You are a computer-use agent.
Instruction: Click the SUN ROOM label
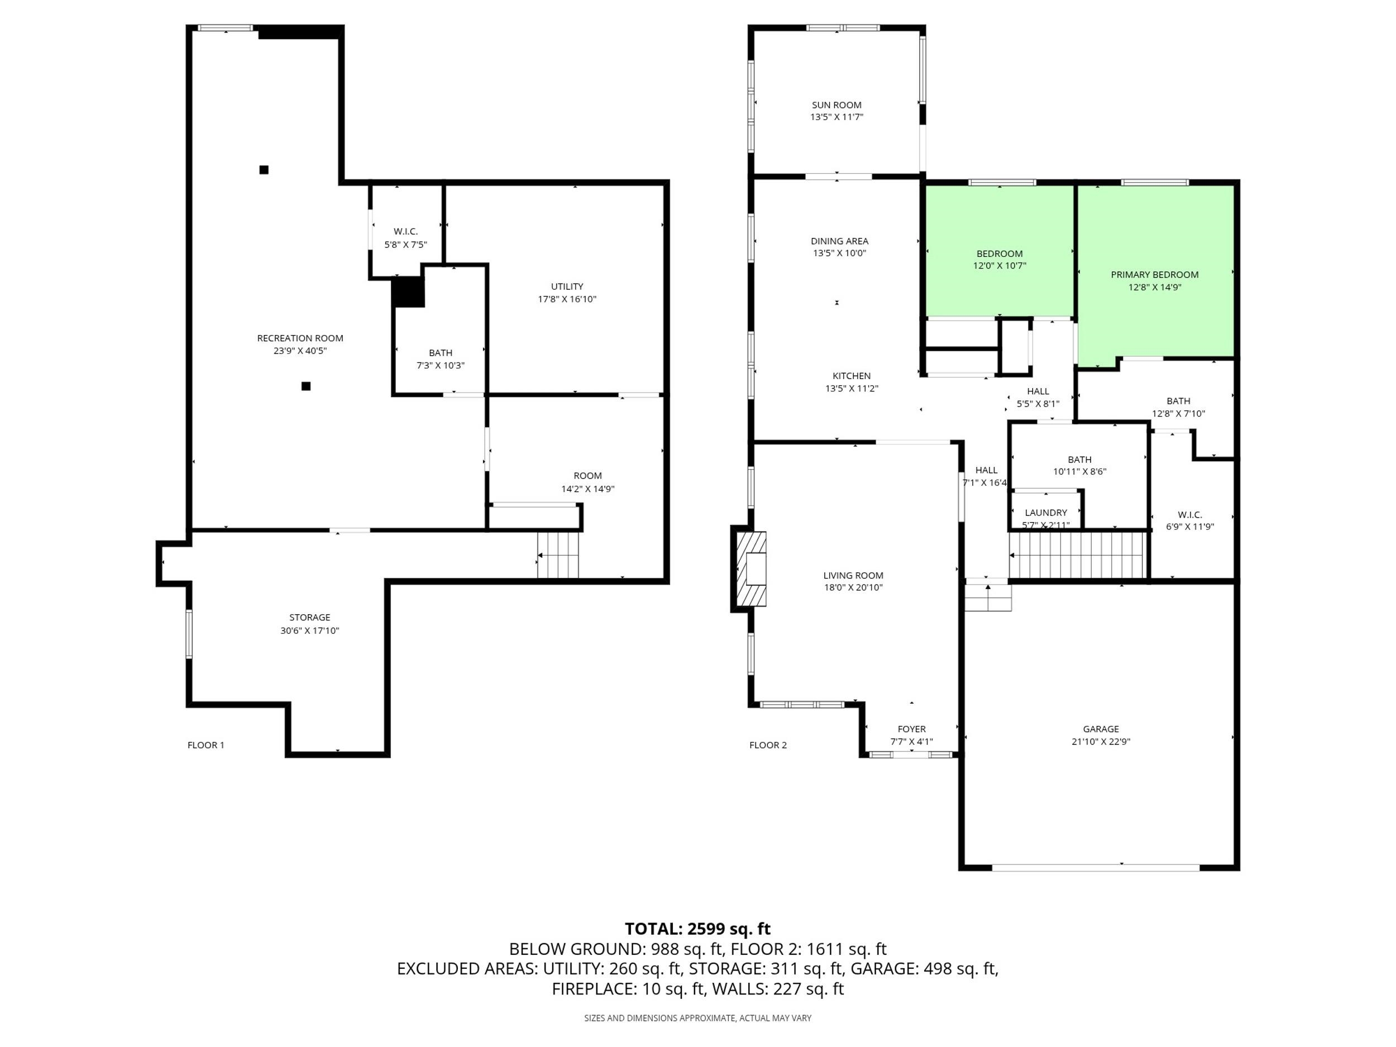pos(836,105)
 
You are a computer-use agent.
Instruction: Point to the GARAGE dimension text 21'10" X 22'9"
pos(1101,742)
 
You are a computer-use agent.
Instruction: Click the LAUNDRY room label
pos(1046,513)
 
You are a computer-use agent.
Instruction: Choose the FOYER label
pos(911,729)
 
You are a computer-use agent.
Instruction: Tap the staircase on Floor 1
pos(558,554)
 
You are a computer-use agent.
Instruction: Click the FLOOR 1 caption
pos(205,745)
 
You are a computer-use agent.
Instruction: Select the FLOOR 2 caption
pos(768,745)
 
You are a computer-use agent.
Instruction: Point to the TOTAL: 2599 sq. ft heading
pos(697,929)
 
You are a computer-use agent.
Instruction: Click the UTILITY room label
pos(567,286)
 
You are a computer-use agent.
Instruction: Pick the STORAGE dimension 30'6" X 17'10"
pos(310,630)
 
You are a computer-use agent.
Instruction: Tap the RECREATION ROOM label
pos(300,338)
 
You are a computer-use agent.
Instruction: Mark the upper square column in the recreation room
pos(264,169)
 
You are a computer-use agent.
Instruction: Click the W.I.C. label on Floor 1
pos(405,232)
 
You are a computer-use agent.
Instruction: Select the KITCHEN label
pos(852,376)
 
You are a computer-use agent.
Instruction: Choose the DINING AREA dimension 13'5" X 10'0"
pos(839,253)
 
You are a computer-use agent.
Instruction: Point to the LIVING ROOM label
pos(853,576)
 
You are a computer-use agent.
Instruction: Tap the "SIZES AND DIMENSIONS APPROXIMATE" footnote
pos(697,1018)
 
